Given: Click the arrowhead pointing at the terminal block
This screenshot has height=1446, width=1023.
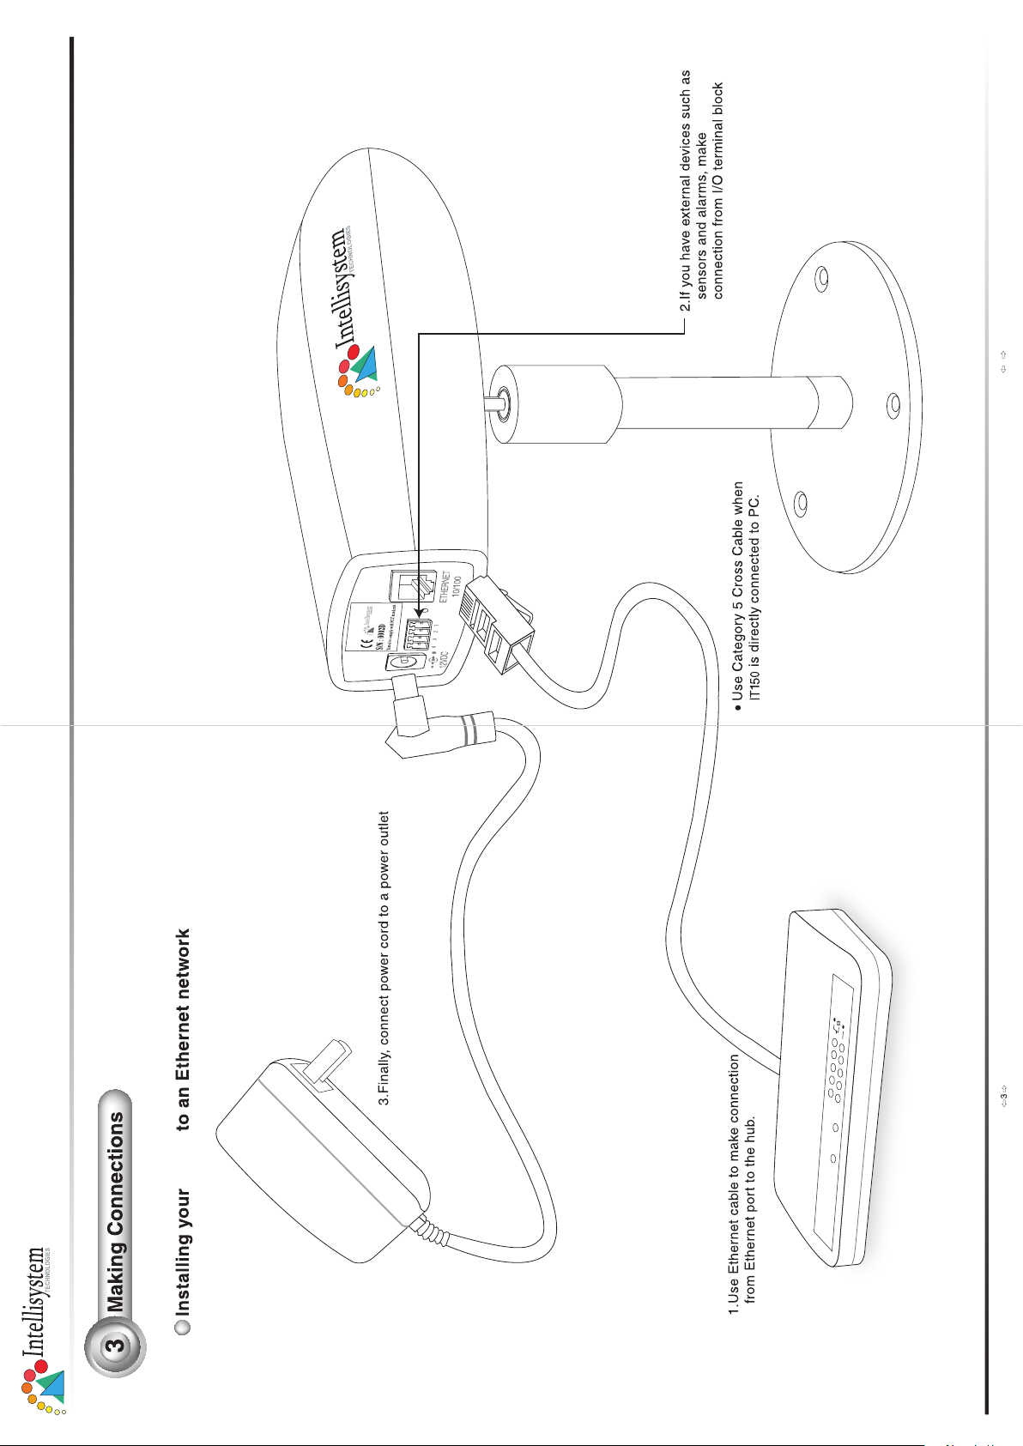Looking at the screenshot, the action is pos(418,614).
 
